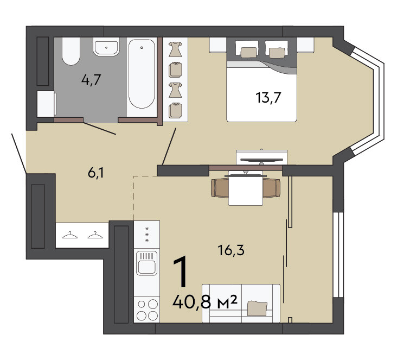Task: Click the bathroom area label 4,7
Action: click(91, 80)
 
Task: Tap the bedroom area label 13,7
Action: click(268, 97)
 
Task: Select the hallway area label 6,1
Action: click(96, 173)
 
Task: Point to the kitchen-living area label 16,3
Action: click(231, 250)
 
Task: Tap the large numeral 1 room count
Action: click(181, 271)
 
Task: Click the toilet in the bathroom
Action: click(71, 51)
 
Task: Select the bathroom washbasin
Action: click(106, 47)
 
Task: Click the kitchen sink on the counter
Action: click(146, 263)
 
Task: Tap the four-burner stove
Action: click(146, 310)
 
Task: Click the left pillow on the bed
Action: click(248, 52)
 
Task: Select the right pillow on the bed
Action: click(277, 53)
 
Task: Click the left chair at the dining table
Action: click(220, 188)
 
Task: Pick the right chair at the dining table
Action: click(271, 188)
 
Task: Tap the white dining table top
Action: click(246, 188)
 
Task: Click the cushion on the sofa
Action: click(257, 308)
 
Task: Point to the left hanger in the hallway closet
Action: click(70, 235)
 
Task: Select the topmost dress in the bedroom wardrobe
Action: click(175, 49)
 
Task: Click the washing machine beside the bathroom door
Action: click(46, 104)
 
